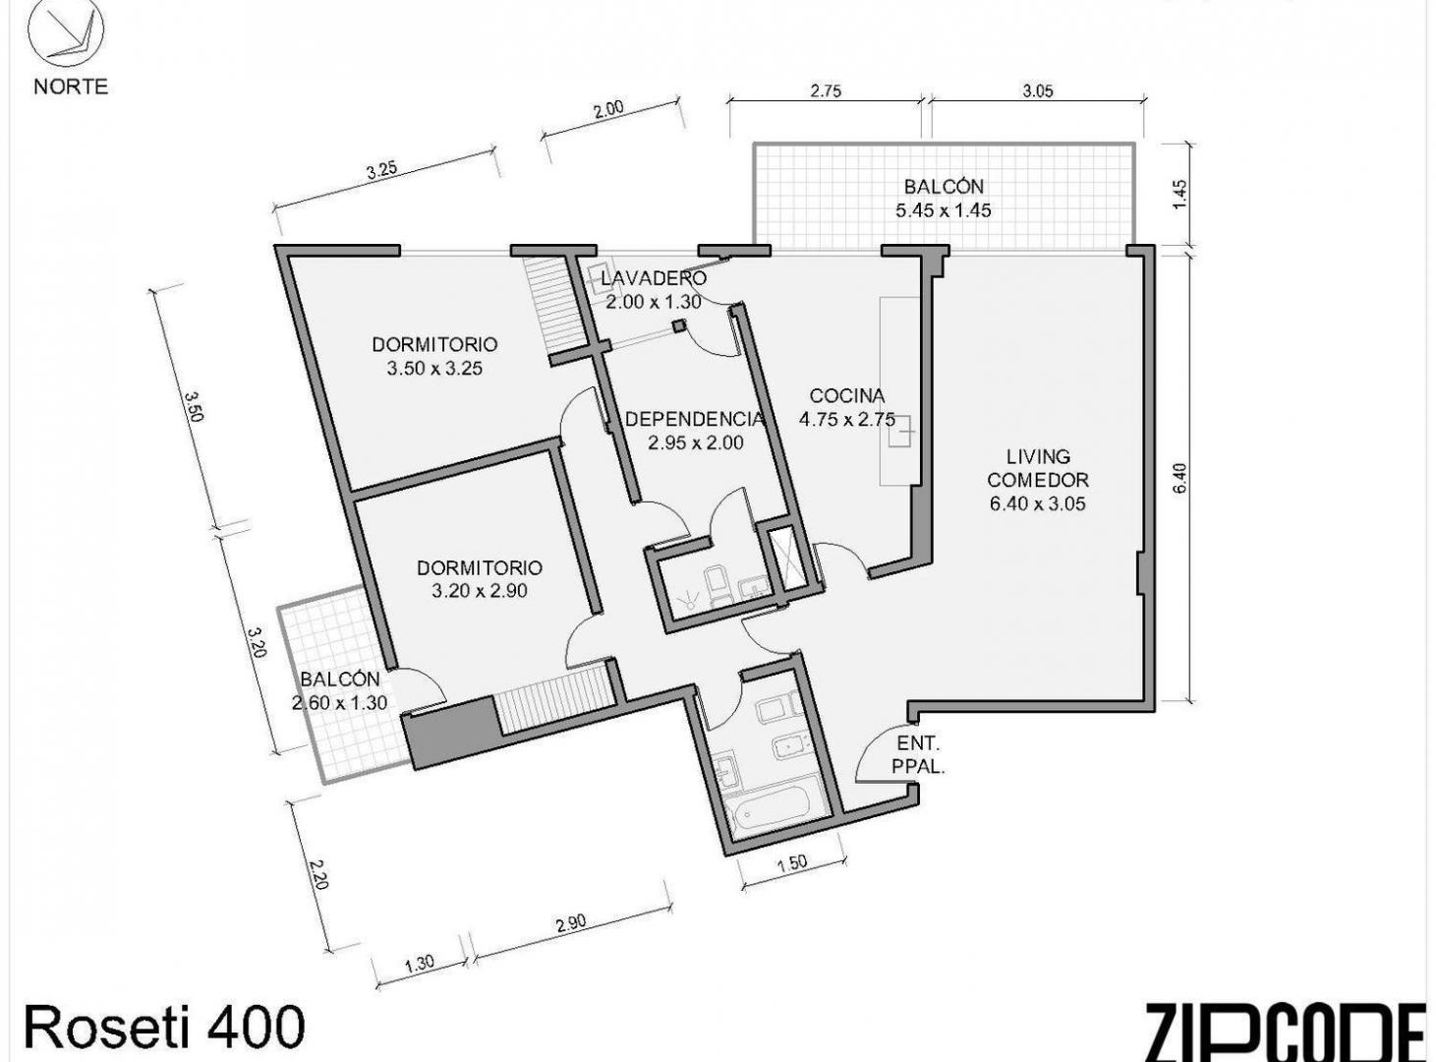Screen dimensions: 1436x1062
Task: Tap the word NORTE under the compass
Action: pyautogui.click(x=71, y=87)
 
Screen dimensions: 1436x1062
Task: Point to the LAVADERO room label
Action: pyautogui.click(x=654, y=278)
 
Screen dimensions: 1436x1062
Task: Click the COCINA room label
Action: pyautogui.click(x=847, y=395)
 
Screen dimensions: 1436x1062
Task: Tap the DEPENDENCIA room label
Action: pyautogui.click(x=695, y=419)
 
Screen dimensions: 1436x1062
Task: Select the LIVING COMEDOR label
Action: pyautogui.click(x=1038, y=468)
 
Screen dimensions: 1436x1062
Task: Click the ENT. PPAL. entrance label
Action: pyautogui.click(x=918, y=755)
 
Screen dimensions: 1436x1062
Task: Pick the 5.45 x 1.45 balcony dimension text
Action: pyautogui.click(x=944, y=210)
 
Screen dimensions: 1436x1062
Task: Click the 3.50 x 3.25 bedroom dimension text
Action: pyautogui.click(x=434, y=368)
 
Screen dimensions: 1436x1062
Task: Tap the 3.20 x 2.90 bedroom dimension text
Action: pyautogui.click(x=479, y=591)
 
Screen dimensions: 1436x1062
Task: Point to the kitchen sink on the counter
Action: pyautogui.click(x=901, y=430)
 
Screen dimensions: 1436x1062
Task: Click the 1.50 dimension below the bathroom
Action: pyautogui.click(x=792, y=863)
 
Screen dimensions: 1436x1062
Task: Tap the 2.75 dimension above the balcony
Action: pyautogui.click(x=826, y=90)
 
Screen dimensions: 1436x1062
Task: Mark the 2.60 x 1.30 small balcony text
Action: pyautogui.click(x=339, y=702)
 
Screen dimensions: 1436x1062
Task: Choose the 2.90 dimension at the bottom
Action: pyautogui.click(x=570, y=922)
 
